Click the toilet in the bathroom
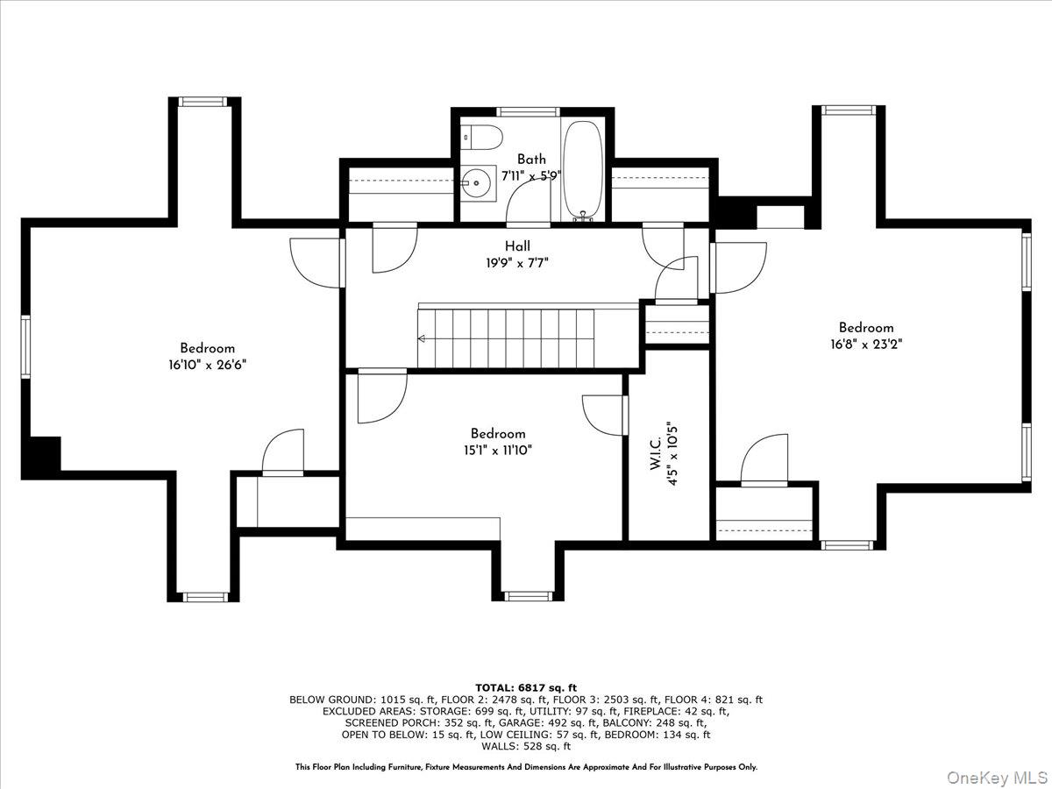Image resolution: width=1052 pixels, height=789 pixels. (x=482, y=138)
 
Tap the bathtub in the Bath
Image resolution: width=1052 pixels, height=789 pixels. (x=582, y=171)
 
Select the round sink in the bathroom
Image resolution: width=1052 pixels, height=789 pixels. (x=476, y=183)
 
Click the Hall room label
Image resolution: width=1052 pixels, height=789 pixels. (x=517, y=246)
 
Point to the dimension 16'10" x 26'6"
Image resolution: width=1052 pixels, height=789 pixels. (x=207, y=365)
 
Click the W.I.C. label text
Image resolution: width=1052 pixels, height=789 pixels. (x=656, y=452)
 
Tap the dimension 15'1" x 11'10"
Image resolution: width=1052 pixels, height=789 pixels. (x=498, y=451)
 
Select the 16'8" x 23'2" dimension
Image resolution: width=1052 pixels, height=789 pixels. (x=866, y=345)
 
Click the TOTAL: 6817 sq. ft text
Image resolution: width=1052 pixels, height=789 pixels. (x=526, y=688)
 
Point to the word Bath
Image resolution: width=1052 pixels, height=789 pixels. (x=531, y=159)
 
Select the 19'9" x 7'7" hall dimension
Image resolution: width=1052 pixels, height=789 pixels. (x=517, y=263)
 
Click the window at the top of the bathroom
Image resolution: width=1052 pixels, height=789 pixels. (x=528, y=112)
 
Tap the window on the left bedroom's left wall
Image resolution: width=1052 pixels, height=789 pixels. (x=25, y=347)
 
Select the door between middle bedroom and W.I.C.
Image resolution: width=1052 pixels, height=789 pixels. (x=605, y=416)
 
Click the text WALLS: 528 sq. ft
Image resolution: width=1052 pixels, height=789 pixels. (x=526, y=746)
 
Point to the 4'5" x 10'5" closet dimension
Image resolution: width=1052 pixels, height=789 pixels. (x=673, y=455)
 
